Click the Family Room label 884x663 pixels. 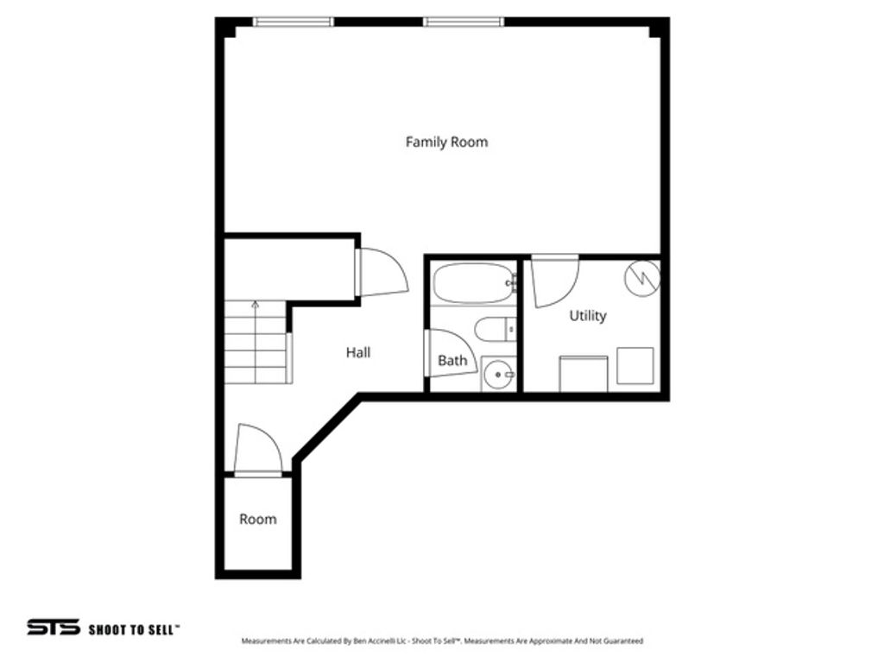click(x=446, y=142)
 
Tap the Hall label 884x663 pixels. click(x=358, y=352)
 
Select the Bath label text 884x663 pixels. click(x=452, y=361)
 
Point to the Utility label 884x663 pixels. click(x=587, y=316)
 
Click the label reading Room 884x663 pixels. click(x=258, y=519)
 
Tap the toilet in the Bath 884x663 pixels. click(x=494, y=330)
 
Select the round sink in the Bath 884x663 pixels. click(x=497, y=375)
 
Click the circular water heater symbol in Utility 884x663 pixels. click(x=642, y=277)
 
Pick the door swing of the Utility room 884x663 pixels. click(x=553, y=281)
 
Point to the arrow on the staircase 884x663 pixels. click(x=255, y=305)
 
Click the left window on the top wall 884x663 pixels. click(x=294, y=22)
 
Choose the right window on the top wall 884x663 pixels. click(x=463, y=22)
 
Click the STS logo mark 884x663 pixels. click(x=53, y=628)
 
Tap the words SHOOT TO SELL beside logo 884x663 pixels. click(x=134, y=629)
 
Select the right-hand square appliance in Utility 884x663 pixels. click(x=635, y=366)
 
